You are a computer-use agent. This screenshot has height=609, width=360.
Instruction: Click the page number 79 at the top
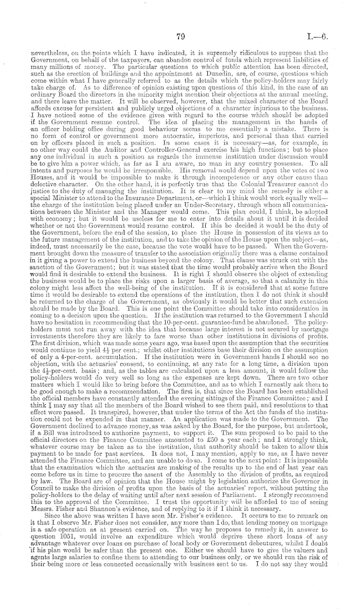[180, 36]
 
